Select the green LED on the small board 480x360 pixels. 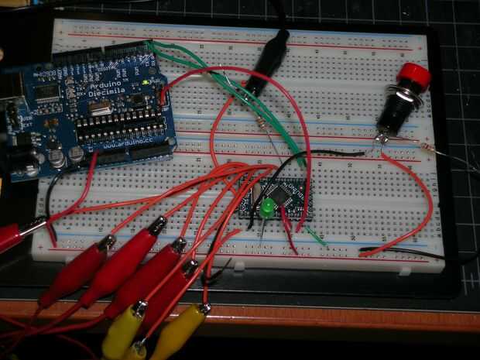pos(266,208)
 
